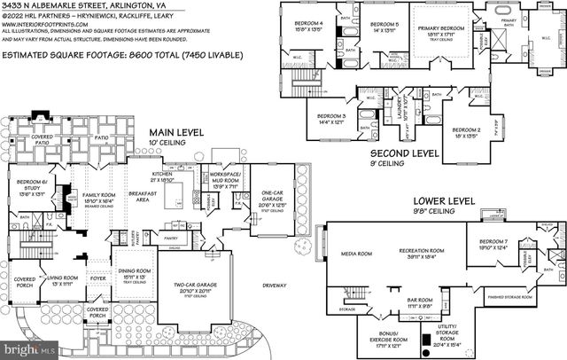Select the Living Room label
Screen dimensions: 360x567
66,278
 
